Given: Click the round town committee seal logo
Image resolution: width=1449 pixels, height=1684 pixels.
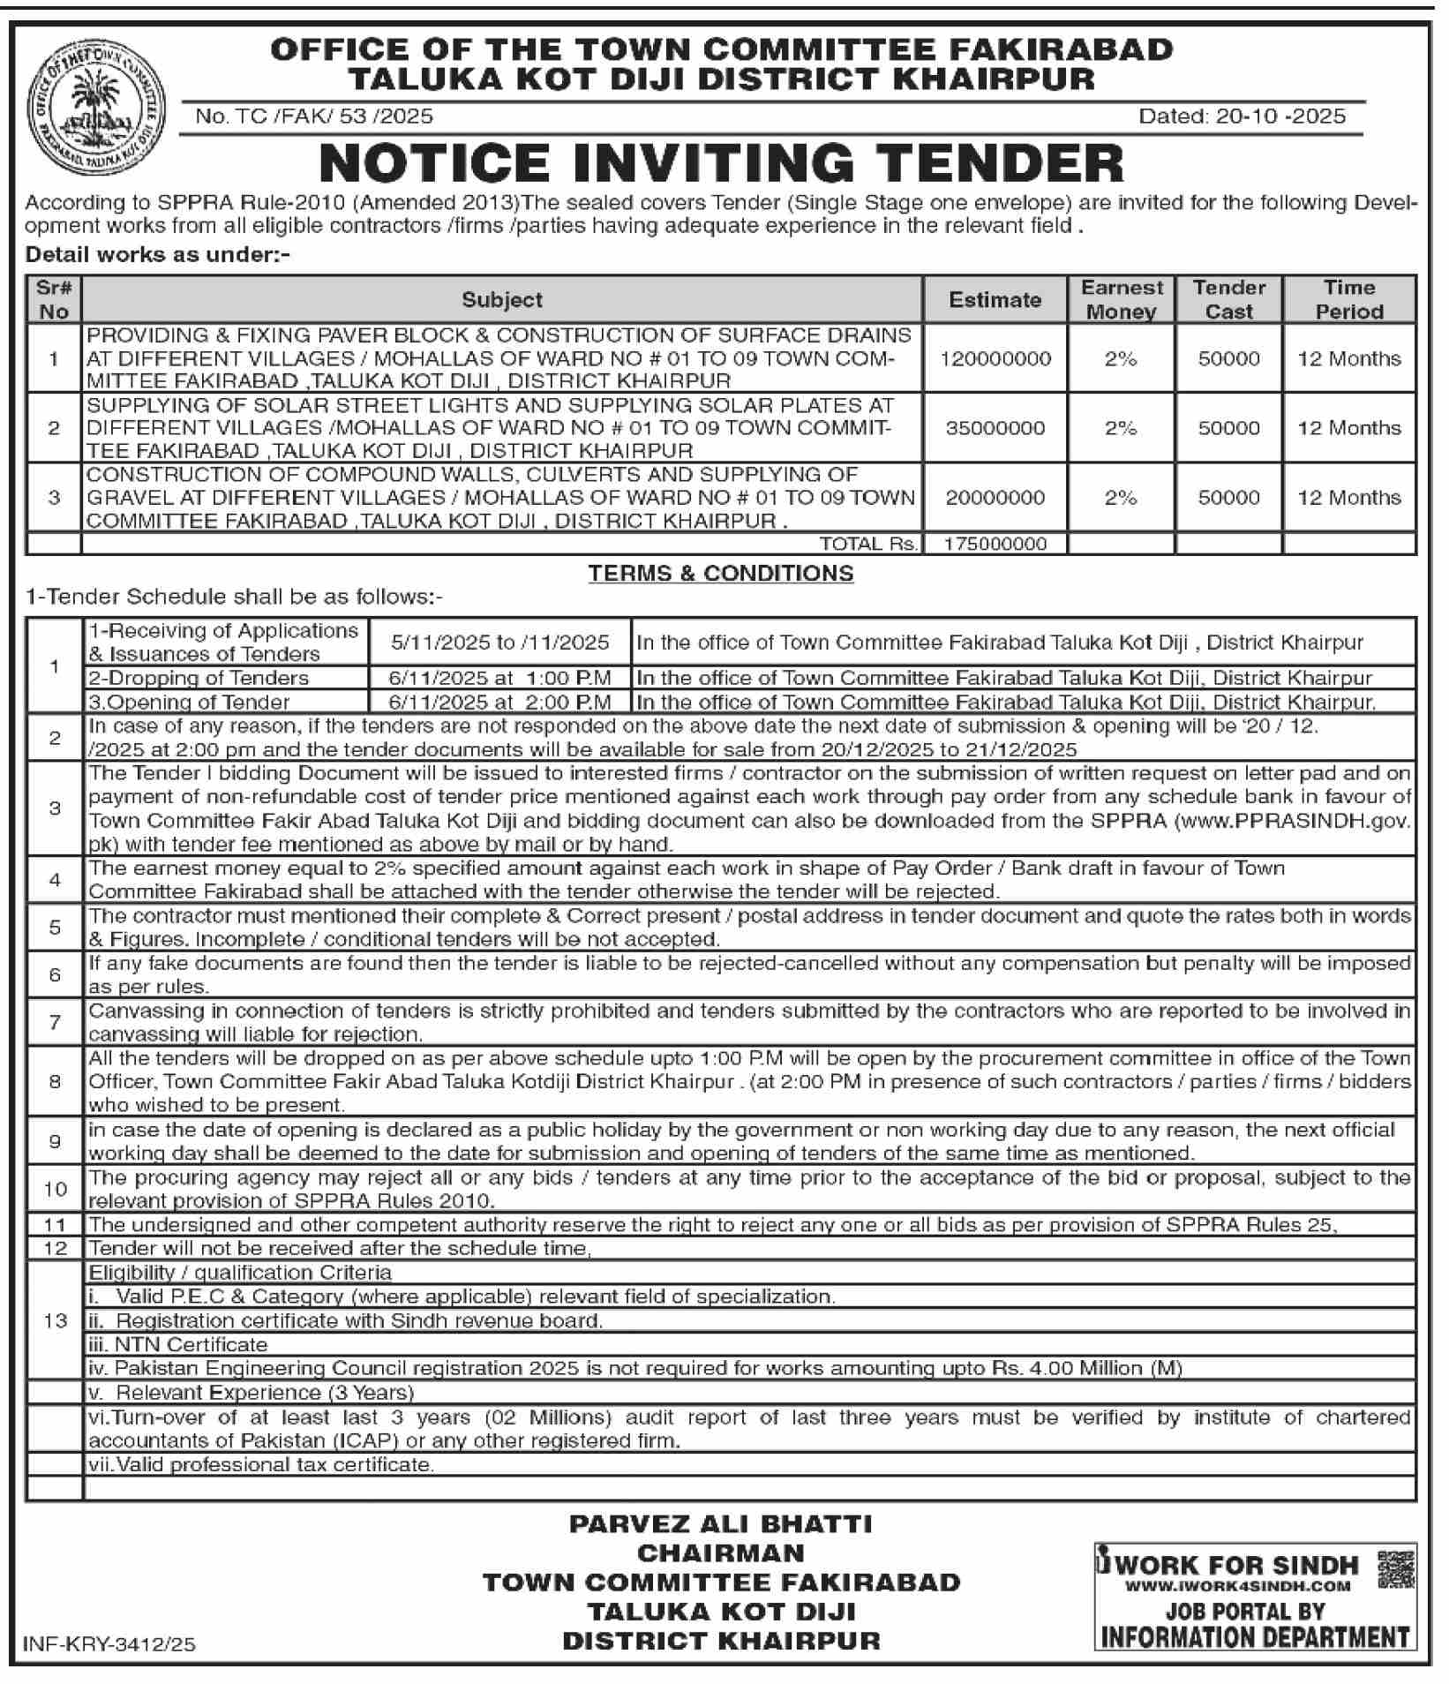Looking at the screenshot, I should pos(96,109).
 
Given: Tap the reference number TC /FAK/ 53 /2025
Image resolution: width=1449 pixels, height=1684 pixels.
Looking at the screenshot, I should pos(314,117).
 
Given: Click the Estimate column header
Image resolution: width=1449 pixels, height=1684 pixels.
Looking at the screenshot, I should pos(995,300).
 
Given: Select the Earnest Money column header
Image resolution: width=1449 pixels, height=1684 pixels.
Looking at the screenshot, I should pos(1122,300).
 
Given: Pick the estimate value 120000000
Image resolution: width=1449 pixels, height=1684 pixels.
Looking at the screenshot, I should pos(995,359).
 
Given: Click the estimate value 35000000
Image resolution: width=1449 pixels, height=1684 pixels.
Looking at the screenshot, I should pos(995,428).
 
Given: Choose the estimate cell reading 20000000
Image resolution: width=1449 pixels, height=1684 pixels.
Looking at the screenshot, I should pos(995,498).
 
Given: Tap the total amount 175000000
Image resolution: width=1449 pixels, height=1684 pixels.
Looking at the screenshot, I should pos(995,544).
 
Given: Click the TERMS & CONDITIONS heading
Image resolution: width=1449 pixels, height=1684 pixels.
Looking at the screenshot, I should pos(721,574).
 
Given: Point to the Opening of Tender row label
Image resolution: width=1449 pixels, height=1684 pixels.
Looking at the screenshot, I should pos(189,703).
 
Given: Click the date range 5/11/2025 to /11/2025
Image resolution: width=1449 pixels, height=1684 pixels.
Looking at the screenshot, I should pos(500,643).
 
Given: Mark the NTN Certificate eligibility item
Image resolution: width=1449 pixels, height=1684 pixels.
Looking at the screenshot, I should pos(178,1344).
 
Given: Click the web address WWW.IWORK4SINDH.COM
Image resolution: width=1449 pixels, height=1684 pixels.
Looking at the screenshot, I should pos(1237,1586).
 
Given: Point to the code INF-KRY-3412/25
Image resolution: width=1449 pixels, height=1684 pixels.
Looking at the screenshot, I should pos(109,1644).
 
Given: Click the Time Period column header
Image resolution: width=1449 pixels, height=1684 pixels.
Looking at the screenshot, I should pos(1348,300).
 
